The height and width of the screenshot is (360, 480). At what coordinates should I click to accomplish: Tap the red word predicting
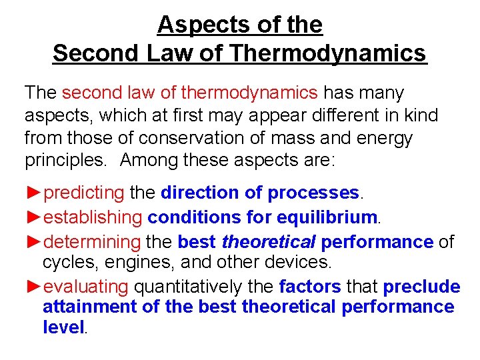point(83,193)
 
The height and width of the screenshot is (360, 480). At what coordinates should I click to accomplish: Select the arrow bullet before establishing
point(34,217)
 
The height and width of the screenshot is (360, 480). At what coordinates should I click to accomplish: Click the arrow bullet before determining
point(34,241)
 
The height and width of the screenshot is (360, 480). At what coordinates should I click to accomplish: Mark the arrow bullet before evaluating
point(34,287)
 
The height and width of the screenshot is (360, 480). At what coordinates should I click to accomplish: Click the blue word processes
point(313,193)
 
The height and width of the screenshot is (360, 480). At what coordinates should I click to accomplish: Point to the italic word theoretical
point(265,241)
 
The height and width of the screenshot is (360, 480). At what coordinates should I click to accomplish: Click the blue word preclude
point(421,287)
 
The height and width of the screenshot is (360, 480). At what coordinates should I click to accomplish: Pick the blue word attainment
point(89,307)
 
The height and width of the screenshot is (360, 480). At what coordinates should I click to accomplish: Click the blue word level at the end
point(64,327)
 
